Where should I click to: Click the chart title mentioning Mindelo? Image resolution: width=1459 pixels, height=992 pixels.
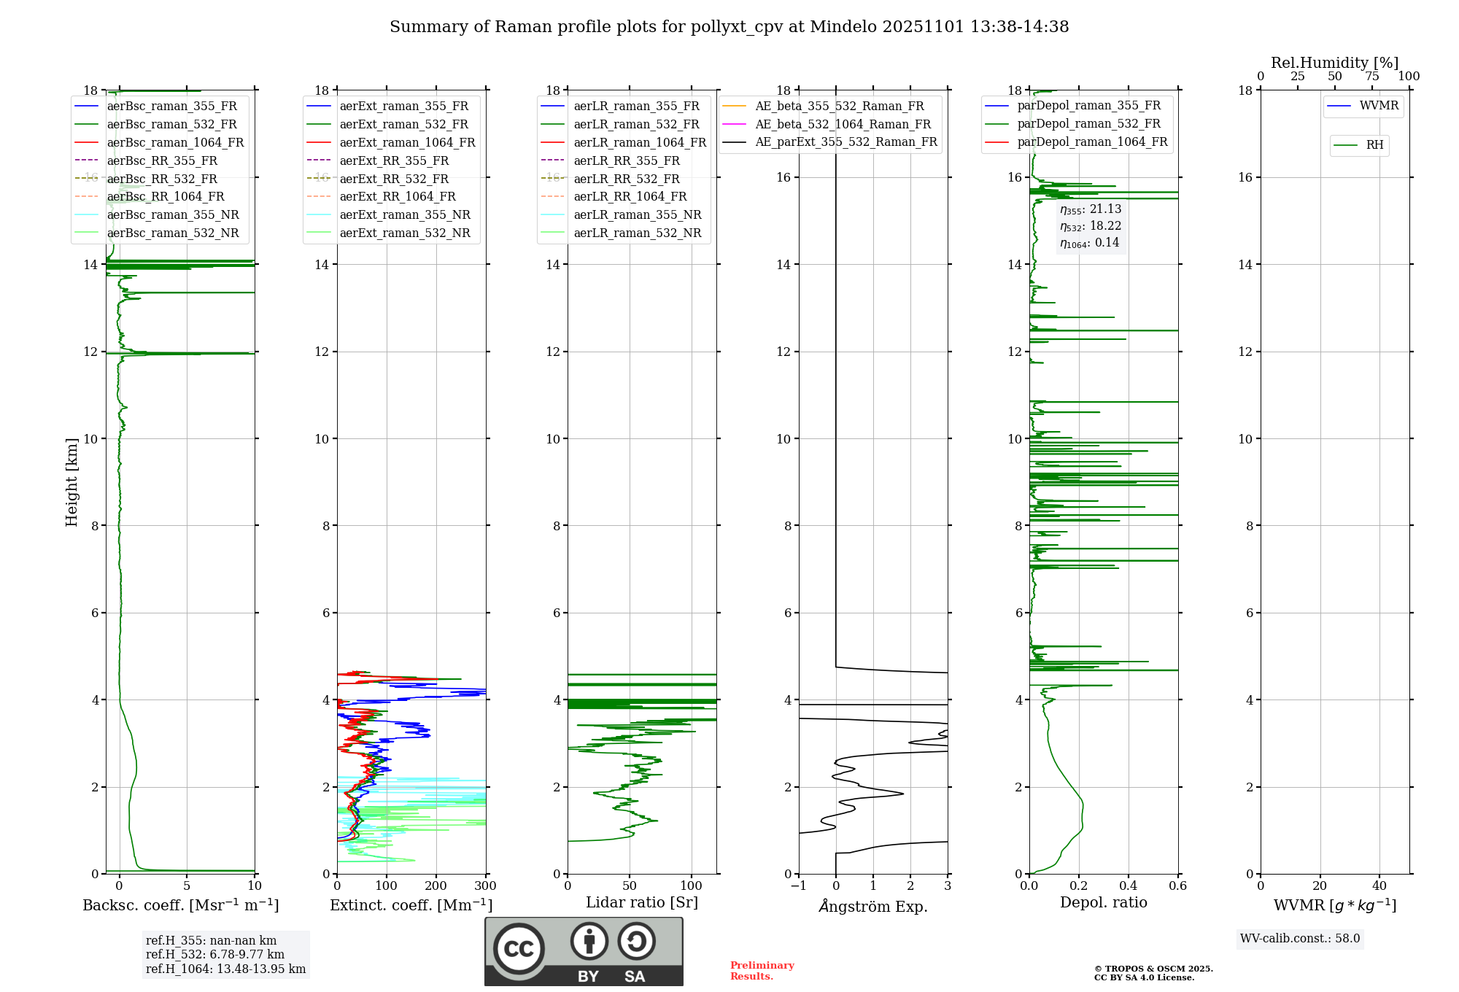point(729,27)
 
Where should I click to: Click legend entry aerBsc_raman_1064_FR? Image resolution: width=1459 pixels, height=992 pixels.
point(175,143)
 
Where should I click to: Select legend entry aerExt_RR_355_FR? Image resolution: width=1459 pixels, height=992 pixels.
point(394,161)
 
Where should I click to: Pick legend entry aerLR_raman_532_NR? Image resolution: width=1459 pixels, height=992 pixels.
point(637,233)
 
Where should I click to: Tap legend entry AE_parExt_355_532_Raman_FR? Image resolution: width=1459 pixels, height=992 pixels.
point(845,142)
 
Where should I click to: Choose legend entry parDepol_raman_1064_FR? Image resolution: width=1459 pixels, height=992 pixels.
point(1092,142)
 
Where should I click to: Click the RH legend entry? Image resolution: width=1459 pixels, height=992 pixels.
point(1374,145)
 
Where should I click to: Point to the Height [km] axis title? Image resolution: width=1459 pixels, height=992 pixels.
point(71,481)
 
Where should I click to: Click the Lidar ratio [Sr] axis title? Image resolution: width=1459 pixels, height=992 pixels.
point(642,903)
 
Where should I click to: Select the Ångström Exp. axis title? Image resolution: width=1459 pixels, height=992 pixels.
point(873,907)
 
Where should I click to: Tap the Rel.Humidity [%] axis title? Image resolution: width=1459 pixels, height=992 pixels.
point(1334,63)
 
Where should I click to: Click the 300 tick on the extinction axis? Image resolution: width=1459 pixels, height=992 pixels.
point(485,886)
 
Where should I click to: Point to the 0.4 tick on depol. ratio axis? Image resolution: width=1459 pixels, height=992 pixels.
point(1128,886)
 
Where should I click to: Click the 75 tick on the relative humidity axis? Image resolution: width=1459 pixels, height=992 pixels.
point(1371,77)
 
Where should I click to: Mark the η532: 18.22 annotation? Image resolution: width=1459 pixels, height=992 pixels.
point(1091,226)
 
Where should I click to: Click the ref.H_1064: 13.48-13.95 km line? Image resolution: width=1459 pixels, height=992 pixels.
point(225,969)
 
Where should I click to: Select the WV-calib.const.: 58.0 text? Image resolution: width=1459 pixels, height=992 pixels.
point(1300,939)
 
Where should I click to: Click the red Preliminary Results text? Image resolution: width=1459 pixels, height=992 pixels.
point(762,971)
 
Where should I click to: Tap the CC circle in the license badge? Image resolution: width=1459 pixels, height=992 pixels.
point(519,949)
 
